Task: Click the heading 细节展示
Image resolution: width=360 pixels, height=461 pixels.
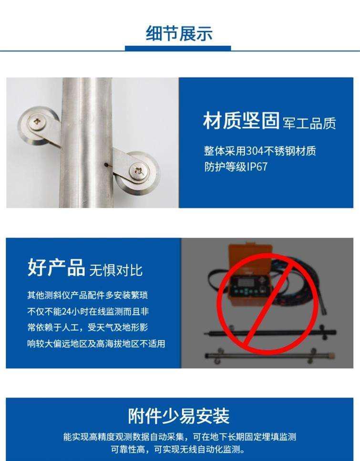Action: pyautogui.click(x=179, y=33)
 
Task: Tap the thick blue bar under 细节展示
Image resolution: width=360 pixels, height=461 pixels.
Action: pyautogui.click(x=178, y=48)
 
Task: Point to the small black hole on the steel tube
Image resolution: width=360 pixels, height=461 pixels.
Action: pyautogui.click(x=106, y=165)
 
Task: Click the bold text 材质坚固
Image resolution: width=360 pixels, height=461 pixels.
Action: pyautogui.click(x=241, y=121)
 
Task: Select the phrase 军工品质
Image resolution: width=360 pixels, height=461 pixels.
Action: pyautogui.click(x=309, y=124)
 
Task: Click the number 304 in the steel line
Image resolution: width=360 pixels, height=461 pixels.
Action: pyautogui.click(x=255, y=151)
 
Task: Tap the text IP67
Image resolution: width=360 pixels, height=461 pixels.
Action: pyautogui.click(x=257, y=167)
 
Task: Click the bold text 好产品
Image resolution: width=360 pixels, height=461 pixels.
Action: pyautogui.click(x=56, y=267)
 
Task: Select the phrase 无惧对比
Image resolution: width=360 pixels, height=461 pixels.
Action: pyautogui.click(x=116, y=270)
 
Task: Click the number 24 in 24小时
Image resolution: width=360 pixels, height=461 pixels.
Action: pyautogui.click(x=67, y=311)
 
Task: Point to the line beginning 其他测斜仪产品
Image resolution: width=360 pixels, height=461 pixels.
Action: pyautogui.click(x=88, y=295)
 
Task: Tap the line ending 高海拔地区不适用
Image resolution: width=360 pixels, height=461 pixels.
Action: pyautogui.click(x=96, y=344)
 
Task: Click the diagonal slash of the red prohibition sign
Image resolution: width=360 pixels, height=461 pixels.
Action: pyautogui.click(x=267, y=304)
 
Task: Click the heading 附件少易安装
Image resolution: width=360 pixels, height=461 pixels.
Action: pyautogui.click(x=179, y=416)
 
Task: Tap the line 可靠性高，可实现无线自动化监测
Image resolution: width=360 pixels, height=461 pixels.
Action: pyautogui.click(x=178, y=449)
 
